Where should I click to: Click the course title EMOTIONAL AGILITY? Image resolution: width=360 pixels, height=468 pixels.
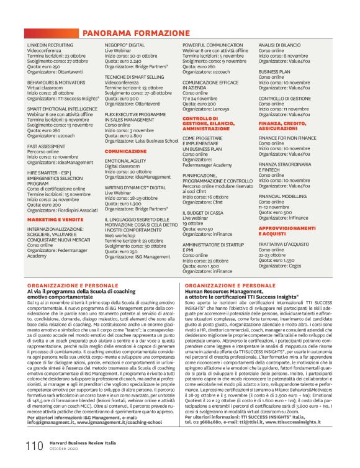click(125, 161)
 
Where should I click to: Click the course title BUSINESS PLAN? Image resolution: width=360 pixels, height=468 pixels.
click(274, 71)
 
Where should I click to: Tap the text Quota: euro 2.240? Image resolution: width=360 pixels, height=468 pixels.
click(126, 61)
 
